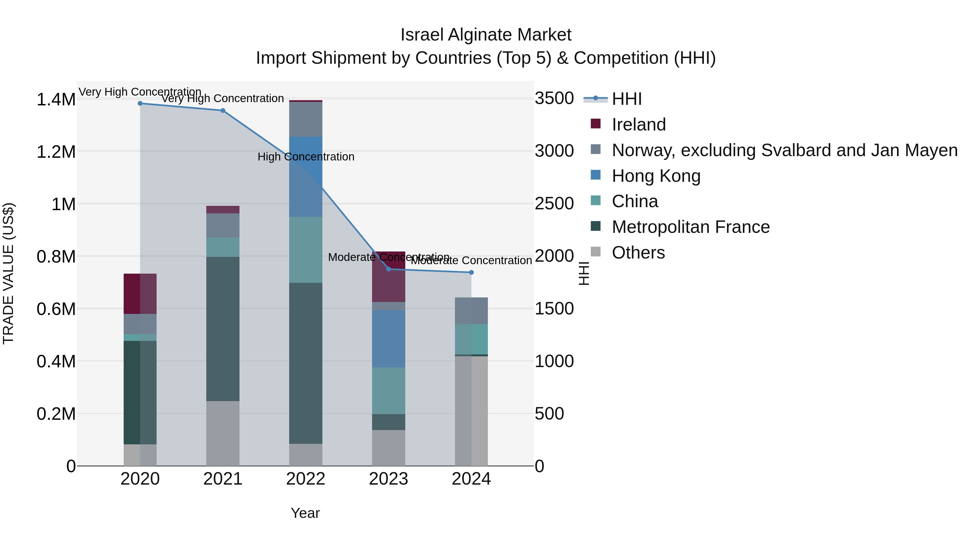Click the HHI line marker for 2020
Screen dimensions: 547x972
pyautogui.click(x=140, y=103)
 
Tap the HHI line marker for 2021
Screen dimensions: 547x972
pyautogui.click(x=223, y=110)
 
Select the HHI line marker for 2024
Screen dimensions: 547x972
pyautogui.click(x=471, y=273)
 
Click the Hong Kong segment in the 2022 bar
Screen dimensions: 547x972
pyautogui.click(x=306, y=177)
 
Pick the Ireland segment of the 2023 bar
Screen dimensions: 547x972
pyautogui.click(x=388, y=277)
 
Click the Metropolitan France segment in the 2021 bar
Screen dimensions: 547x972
pyautogui.click(x=223, y=329)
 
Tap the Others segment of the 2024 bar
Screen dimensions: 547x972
pyautogui.click(x=471, y=411)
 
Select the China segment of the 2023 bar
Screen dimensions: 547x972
pyautogui.click(x=388, y=391)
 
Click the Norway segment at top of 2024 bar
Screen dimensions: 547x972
pyautogui.click(x=471, y=311)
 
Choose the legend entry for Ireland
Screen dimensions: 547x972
pyautogui.click(x=639, y=125)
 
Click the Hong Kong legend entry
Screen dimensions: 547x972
pyautogui.click(x=656, y=176)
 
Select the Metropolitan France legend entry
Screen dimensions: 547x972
pyautogui.click(x=690, y=227)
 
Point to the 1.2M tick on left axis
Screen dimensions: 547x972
pyautogui.click(x=56, y=152)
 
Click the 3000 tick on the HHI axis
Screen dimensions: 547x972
pyautogui.click(x=554, y=151)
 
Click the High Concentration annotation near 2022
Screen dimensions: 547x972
pyautogui.click(x=306, y=157)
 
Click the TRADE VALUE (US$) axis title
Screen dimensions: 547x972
pyautogui.click(x=8, y=273)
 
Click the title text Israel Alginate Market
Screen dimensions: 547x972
pyautogui.click(x=486, y=35)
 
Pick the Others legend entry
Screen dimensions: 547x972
pyautogui.click(x=638, y=253)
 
